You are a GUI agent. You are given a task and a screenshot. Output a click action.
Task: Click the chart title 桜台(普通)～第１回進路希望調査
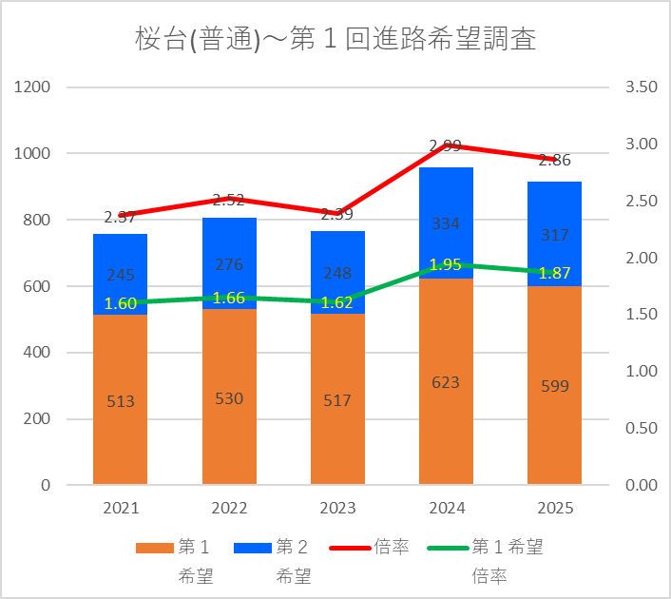335,39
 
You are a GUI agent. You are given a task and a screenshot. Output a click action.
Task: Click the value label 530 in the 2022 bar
229,398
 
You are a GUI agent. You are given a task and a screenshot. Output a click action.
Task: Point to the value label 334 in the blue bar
446,224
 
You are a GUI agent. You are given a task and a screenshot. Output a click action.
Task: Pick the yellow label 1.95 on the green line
446,264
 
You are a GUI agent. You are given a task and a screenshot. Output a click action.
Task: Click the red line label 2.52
229,200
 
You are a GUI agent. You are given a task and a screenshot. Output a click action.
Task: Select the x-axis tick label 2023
337,509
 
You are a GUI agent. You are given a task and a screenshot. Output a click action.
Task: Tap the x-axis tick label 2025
554,509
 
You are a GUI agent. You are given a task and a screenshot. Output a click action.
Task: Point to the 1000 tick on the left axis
34,153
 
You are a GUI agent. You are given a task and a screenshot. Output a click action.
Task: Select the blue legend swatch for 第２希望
251,548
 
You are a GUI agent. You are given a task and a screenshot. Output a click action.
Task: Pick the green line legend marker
446,548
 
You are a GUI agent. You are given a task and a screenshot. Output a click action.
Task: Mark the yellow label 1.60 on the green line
120,304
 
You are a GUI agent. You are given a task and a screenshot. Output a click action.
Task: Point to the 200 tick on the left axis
38,419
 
